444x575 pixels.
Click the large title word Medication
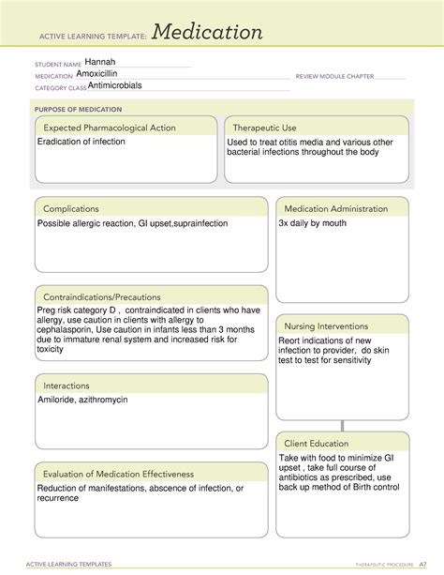coord(207,33)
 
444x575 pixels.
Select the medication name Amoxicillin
coord(103,74)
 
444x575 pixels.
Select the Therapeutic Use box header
coord(264,128)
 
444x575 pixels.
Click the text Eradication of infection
coord(81,142)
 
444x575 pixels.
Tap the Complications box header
coord(71,208)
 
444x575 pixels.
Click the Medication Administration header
coord(335,208)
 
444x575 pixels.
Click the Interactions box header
coord(67,386)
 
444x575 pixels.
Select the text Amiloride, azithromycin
coord(82,400)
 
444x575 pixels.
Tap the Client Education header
coord(317,443)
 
